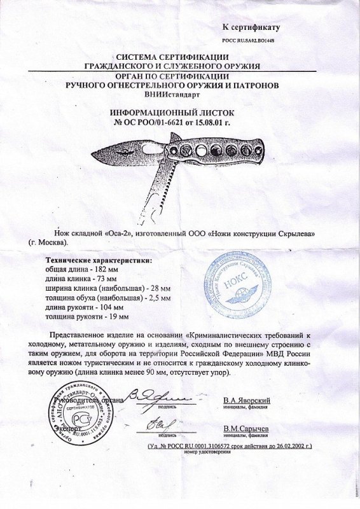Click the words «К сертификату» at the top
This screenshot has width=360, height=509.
coord(251,27)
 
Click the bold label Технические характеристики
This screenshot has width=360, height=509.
coord(98,261)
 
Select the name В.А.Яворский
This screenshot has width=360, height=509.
coord(247,400)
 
